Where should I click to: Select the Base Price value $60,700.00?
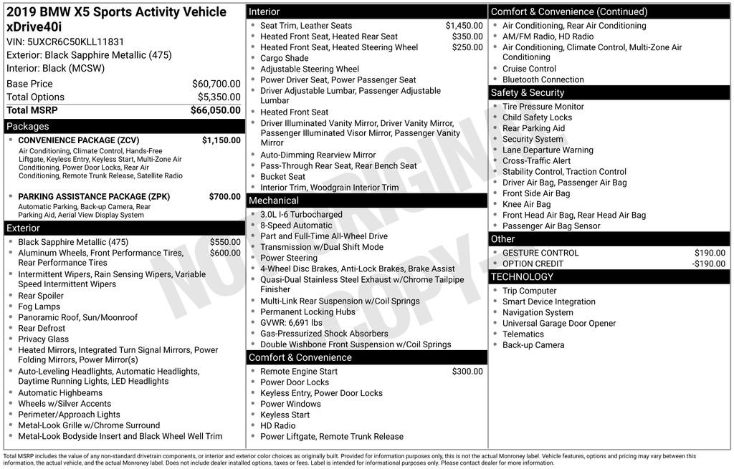click(216, 84)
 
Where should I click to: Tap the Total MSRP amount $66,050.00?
click(215, 110)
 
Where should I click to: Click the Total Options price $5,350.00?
click(219, 97)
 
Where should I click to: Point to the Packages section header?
click(28, 127)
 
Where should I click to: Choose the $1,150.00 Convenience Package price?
click(221, 140)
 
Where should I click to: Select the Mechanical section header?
click(274, 200)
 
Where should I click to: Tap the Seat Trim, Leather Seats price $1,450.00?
click(464, 26)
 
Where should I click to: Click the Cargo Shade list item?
click(285, 58)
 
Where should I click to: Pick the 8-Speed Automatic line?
click(296, 226)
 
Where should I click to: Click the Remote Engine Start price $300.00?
click(467, 372)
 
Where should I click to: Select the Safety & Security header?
click(528, 93)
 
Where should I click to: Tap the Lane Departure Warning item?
click(548, 150)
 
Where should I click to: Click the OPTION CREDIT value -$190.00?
click(708, 263)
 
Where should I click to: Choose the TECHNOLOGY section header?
click(523, 277)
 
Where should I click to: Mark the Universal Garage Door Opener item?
click(559, 324)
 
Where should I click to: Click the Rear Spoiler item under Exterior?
click(41, 296)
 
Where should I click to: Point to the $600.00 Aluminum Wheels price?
click(225, 253)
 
